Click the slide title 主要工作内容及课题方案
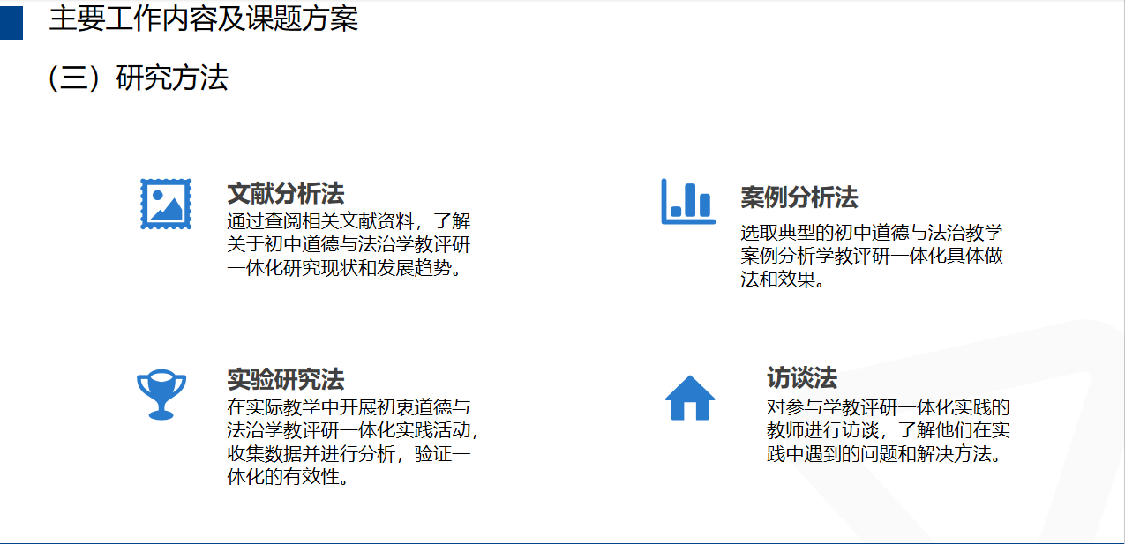(204, 19)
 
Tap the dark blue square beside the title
(11, 23)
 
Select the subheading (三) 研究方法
(139, 78)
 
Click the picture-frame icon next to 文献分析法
(166, 204)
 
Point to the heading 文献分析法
(286, 194)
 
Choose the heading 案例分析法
(799, 197)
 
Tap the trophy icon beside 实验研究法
(161, 394)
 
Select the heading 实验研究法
(286, 379)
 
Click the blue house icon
(690, 398)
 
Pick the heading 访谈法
(802, 378)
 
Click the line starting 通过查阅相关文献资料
(349, 220)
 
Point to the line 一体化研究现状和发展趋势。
(344, 268)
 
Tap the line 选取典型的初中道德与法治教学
(872, 233)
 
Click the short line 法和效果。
(783, 279)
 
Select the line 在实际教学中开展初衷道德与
(349, 407)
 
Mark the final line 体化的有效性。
(289, 477)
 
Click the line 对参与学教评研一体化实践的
(888, 407)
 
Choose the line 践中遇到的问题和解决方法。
(885, 454)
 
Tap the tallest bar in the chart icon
(691, 200)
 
